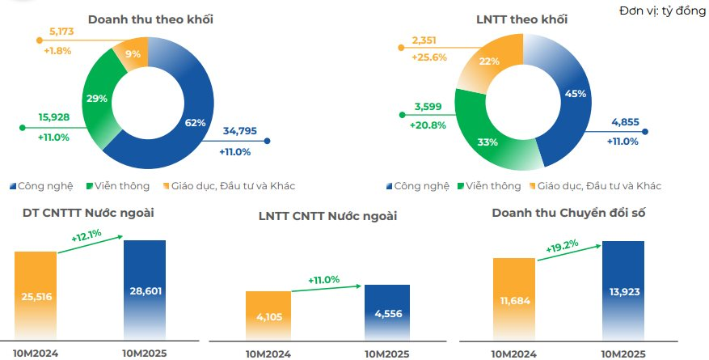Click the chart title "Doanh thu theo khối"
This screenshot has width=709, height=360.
150,19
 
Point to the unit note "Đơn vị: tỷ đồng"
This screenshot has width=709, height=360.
662,10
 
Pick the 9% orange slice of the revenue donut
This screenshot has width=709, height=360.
133,55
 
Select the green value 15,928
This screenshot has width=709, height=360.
54,117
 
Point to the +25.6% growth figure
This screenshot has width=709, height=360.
429,57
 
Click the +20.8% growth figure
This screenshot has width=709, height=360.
429,125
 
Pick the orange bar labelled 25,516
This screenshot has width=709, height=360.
36,295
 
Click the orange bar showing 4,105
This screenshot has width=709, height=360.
268,316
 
